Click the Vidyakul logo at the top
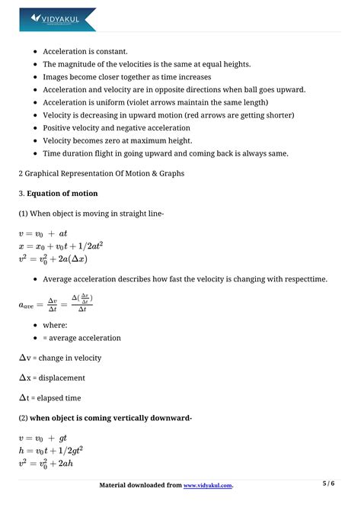coord(59,18)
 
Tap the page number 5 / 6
coord(329,484)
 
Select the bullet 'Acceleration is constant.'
coord(91,52)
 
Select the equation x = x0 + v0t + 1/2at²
coord(60,246)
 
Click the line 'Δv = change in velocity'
coord(60,358)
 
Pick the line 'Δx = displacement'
coord(52,378)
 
